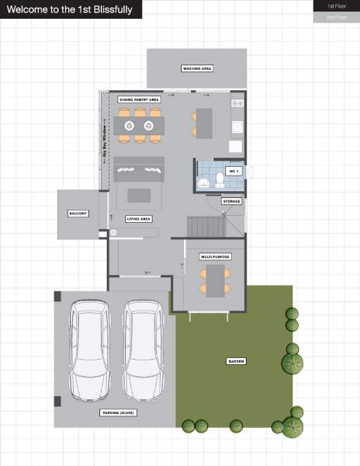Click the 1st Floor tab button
click(x=336, y=5)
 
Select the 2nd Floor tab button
click(x=336, y=16)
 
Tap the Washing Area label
click(x=197, y=68)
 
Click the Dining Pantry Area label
click(x=140, y=100)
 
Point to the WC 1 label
click(x=234, y=170)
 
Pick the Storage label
click(x=231, y=201)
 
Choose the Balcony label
click(x=78, y=214)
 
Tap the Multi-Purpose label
click(x=215, y=256)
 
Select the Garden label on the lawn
click(x=236, y=362)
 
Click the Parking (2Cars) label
click(x=119, y=413)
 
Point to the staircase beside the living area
click(x=206, y=227)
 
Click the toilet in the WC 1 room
click(x=221, y=181)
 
